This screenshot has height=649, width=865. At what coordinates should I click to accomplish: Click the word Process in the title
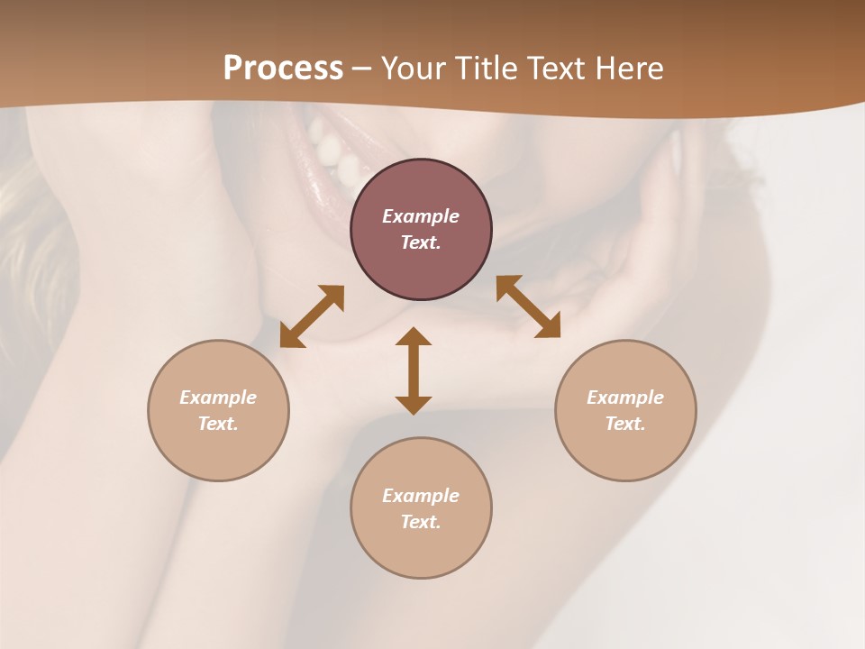pyautogui.click(x=283, y=69)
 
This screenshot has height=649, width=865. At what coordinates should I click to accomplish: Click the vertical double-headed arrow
pyautogui.click(x=414, y=370)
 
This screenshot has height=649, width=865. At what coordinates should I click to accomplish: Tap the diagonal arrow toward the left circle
pyautogui.click(x=312, y=316)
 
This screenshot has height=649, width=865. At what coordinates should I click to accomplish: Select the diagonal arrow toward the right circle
pyautogui.click(x=528, y=306)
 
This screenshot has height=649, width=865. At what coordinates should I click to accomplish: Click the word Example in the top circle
pyautogui.click(x=421, y=216)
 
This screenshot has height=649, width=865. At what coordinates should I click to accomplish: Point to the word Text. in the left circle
pyautogui.click(x=218, y=424)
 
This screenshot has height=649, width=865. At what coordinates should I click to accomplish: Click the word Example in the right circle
pyautogui.click(x=625, y=398)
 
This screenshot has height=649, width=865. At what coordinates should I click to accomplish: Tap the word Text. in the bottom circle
pyautogui.click(x=421, y=522)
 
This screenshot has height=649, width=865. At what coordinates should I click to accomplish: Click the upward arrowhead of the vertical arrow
pyautogui.click(x=414, y=336)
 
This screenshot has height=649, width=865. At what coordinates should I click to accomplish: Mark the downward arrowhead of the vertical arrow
pyautogui.click(x=414, y=405)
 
